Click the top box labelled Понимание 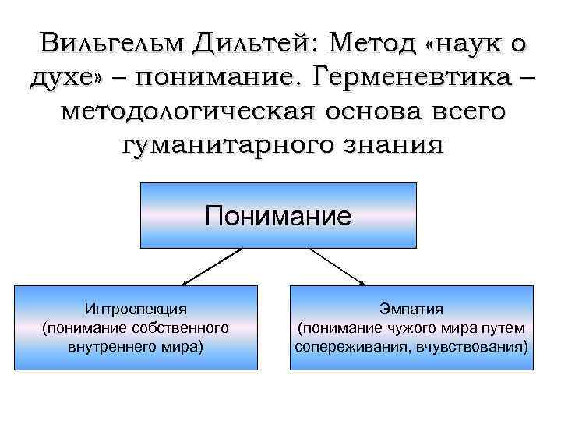coord(278,216)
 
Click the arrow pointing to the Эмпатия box coord(337,266)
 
